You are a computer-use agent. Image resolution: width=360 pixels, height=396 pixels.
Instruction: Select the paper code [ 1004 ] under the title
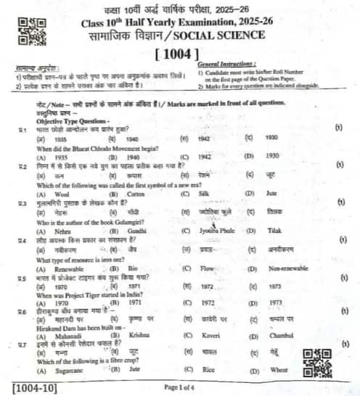180,53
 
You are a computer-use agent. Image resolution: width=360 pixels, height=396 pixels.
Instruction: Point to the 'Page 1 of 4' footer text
181,387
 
